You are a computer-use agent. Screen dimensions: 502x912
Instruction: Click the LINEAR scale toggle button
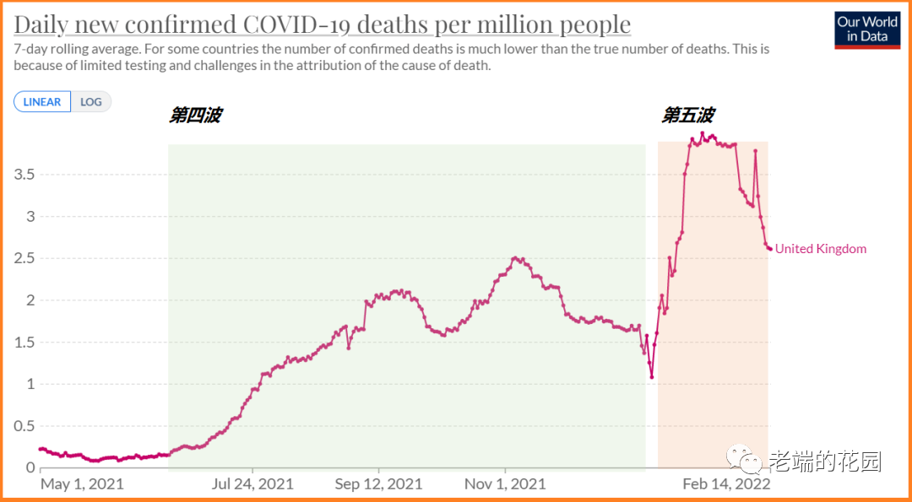click(42, 102)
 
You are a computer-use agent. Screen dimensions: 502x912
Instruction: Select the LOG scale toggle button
click(91, 102)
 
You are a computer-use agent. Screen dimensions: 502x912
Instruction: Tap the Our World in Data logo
click(866, 30)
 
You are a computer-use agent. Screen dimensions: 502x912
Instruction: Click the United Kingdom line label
click(821, 248)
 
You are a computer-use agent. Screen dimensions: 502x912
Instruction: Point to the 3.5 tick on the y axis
click(24, 175)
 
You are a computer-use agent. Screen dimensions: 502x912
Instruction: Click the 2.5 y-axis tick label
click(24, 258)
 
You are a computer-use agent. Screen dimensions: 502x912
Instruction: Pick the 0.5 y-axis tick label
click(24, 425)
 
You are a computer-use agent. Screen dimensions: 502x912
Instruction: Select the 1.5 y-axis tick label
click(24, 342)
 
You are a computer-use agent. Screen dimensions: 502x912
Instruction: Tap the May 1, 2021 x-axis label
click(82, 483)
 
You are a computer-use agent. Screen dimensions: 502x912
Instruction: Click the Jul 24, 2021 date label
click(252, 483)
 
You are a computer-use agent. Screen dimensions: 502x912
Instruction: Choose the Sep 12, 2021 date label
click(378, 483)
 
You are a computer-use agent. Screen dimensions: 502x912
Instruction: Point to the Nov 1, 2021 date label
click(505, 483)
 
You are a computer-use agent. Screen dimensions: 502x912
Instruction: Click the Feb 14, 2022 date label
click(726, 483)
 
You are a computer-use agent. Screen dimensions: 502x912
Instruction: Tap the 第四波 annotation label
click(195, 116)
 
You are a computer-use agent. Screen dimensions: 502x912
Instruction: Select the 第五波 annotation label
click(688, 116)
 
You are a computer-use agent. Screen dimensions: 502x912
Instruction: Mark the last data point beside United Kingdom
click(769, 248)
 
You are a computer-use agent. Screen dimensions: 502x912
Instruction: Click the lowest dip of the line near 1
click(652, 376)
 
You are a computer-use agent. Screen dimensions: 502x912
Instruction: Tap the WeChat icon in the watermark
click(744, 461)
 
